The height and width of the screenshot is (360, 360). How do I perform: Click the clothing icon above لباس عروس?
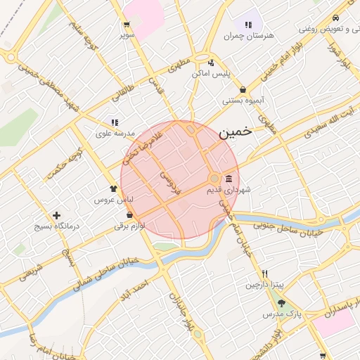[x=113, y=189]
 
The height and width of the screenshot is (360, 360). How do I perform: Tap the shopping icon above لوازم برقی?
[x=130, y=216]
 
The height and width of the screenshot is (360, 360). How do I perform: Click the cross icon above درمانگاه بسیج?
[x=57, y=215]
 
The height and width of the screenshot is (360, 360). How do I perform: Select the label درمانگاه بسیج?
[x=58, y=227]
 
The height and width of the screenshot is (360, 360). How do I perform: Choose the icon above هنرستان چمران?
[x=248, y=25]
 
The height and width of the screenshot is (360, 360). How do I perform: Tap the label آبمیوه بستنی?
[x=243, y=101]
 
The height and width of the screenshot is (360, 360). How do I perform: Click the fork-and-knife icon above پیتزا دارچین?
[x=264, y=274]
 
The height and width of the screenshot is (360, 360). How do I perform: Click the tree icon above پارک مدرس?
[x=282, y=303]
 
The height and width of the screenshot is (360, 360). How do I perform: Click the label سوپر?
[x=127, y=34]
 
